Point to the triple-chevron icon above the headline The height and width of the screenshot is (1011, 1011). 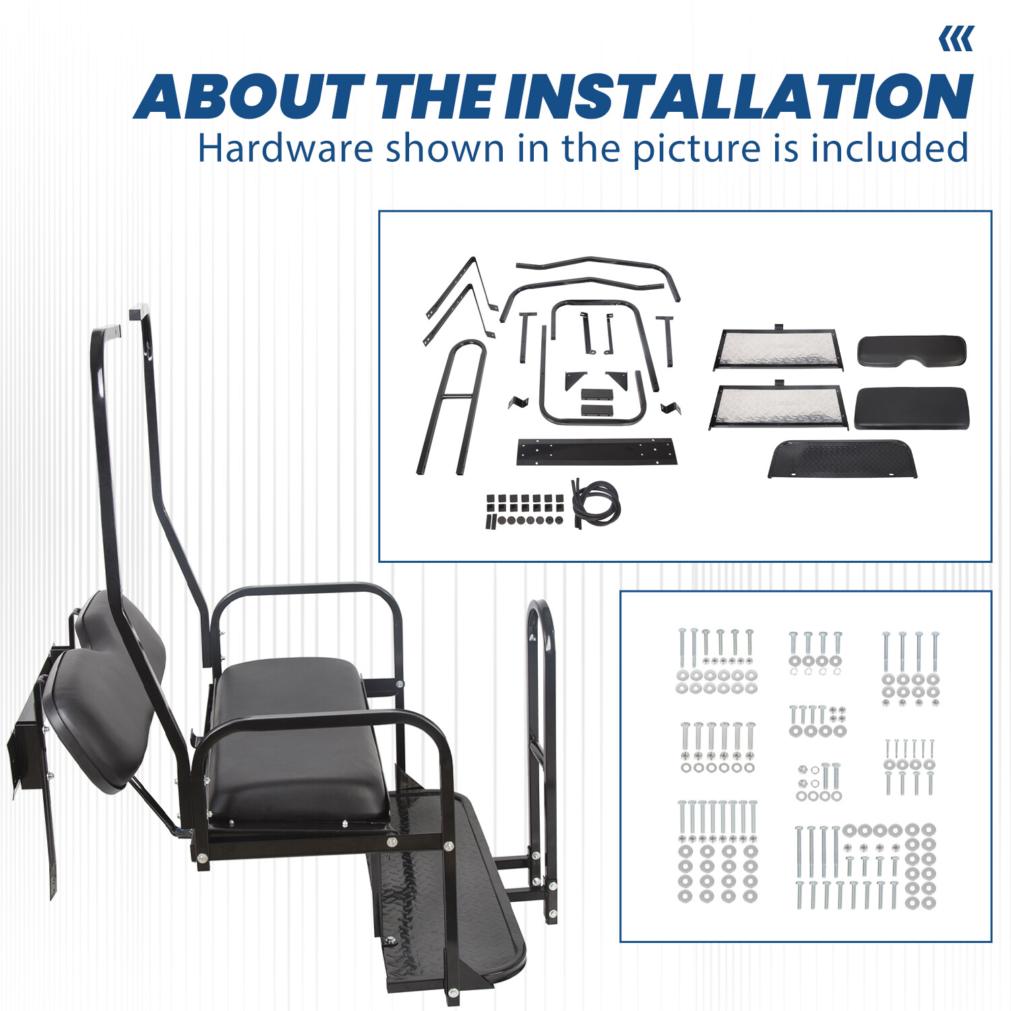(956, 39)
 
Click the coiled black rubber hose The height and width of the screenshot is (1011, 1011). (596, 503)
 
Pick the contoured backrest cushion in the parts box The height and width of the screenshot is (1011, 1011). (911, 351)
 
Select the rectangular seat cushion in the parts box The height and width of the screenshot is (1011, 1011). (911, 408)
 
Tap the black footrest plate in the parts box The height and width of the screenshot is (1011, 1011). (842, 458)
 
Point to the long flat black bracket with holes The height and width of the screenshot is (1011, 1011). (596, 452)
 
